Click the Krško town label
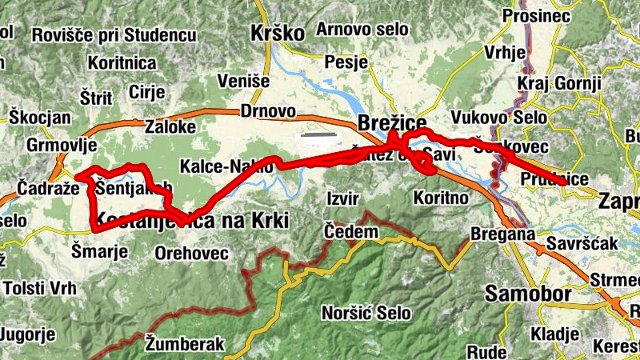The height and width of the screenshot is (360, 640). (278, 34)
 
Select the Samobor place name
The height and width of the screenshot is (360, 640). (529, 294)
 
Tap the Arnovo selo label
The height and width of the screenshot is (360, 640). (362, 30)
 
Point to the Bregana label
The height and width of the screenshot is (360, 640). (502, 234)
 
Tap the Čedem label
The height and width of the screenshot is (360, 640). (350, 231)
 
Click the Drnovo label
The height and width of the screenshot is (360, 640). (267, 112)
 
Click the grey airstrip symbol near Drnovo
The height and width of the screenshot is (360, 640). (317, 135)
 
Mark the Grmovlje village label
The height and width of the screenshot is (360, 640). (62, 146)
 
